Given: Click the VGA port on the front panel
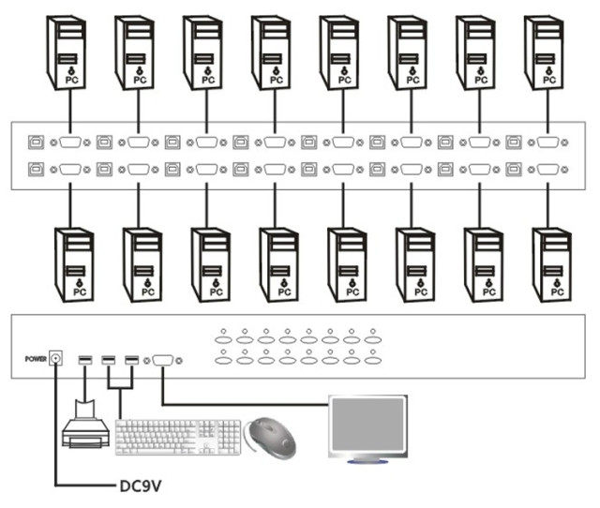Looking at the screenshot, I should [161, 359].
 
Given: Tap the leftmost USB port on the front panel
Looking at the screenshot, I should [86, 359].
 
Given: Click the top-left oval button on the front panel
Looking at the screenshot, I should [223, 333].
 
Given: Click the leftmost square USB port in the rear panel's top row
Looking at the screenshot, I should [36, 142].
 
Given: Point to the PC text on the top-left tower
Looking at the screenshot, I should [70, 81].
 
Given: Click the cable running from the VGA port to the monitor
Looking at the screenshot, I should [244, 405].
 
